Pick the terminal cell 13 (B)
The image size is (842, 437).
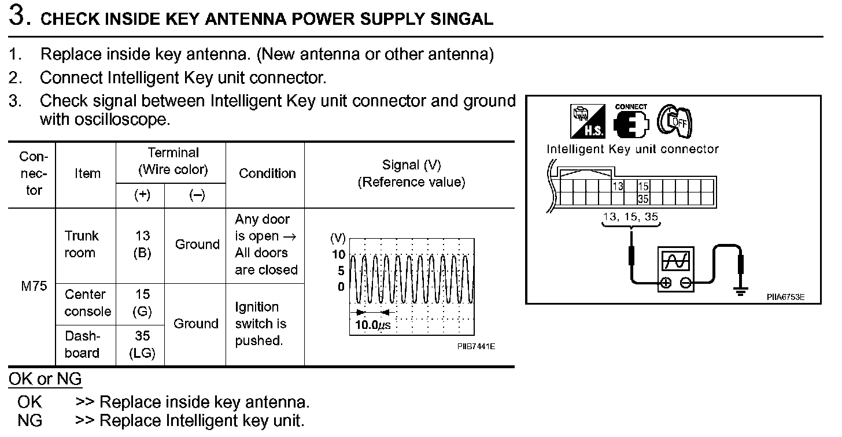click(x=142, y=245)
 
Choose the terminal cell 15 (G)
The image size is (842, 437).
click(x=142, y=303)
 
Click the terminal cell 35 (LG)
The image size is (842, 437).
click(x=142, y=345)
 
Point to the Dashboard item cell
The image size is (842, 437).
click(x=82, y=345)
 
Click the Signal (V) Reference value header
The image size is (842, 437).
click(x=411, y=173)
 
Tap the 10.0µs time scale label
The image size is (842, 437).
click(x=372, y=325)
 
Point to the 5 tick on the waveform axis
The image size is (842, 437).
click(x=341, y=271)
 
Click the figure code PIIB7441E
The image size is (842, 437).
click(x=476, y=346)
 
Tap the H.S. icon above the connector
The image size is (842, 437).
click(x=588, y=121)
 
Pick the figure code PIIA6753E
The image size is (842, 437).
click(x=785, y=298)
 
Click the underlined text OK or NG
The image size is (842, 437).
click(x=45, y=380)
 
